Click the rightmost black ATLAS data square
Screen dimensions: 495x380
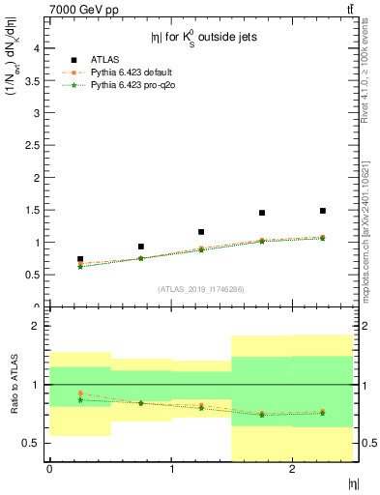coord(323,211)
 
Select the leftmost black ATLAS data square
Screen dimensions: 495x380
coord(80,259)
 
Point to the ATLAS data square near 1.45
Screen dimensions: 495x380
coord(262,213)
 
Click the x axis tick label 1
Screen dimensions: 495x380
coord(171,469)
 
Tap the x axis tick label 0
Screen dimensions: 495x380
coord(49,469)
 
